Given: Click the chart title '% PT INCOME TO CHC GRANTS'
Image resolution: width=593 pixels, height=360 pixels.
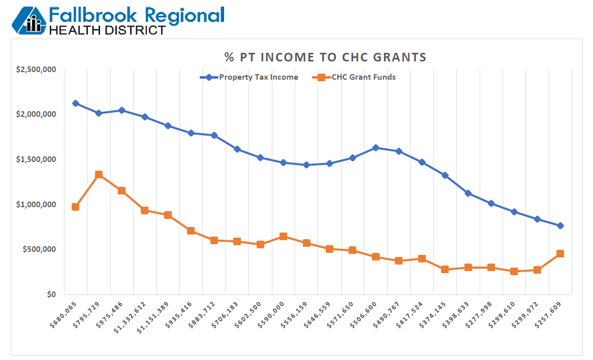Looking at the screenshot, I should [325, 57].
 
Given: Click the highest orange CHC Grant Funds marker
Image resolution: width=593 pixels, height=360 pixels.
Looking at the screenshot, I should [99, 175].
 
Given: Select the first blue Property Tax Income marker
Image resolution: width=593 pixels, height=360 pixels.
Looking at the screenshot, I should [76, 103].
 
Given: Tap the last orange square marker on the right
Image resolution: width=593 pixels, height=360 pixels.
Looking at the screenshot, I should [560, 253].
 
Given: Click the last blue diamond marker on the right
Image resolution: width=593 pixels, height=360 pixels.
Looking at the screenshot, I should [560, 225].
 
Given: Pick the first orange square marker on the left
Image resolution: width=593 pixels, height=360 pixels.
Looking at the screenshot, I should [76, 207].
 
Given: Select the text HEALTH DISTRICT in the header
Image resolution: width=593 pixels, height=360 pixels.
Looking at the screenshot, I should [107, 30].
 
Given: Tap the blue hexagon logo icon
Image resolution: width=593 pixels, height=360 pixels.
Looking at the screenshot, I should [29, 20].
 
